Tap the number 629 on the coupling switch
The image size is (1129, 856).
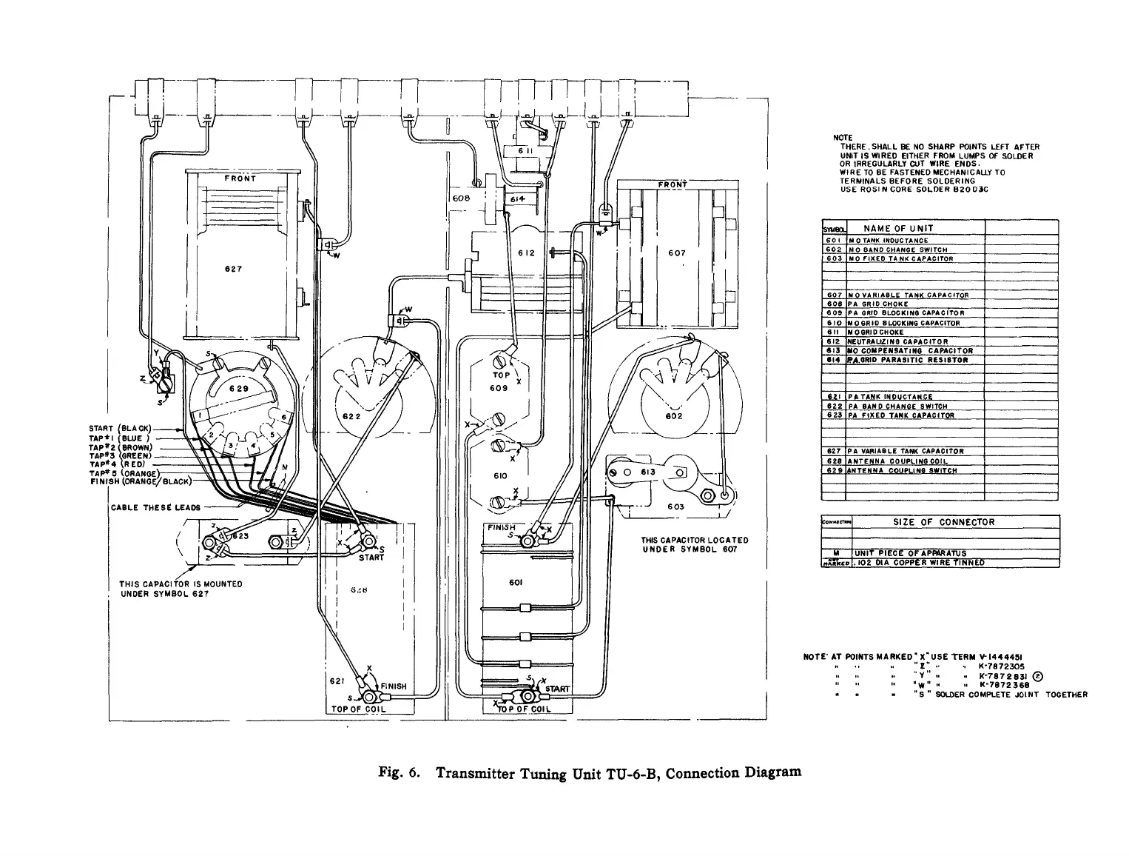click(237, 388)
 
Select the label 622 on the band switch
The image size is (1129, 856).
click(350, 417)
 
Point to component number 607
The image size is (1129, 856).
click(676, 253)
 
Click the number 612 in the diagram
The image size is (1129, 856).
click(526, 253)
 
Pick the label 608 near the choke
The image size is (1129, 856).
click(461, 198)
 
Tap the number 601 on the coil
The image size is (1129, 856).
click(516, 582)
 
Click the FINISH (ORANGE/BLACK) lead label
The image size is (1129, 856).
click(140, 483)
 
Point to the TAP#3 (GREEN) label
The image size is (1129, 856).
click(120, 456)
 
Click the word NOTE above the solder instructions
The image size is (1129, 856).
click(843, 138)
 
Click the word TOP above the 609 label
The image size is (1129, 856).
click(502, 375)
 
